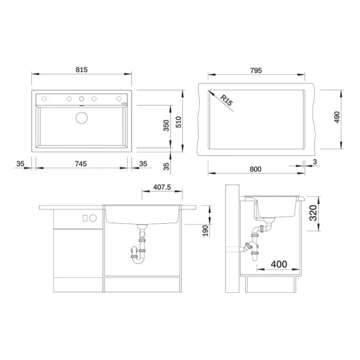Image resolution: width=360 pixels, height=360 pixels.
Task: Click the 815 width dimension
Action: point(82,70)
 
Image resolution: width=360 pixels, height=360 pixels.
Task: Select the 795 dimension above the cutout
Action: point(256,70)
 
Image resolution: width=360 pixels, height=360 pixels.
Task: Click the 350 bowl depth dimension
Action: point(166,125)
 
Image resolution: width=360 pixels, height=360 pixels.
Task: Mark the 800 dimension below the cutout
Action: point(256,170)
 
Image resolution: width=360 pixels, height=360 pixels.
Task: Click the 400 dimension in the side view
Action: point(278,265)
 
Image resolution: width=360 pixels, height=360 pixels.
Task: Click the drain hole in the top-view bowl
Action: point(81,117)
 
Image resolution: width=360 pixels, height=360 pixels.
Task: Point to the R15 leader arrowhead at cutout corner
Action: point(209,92)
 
